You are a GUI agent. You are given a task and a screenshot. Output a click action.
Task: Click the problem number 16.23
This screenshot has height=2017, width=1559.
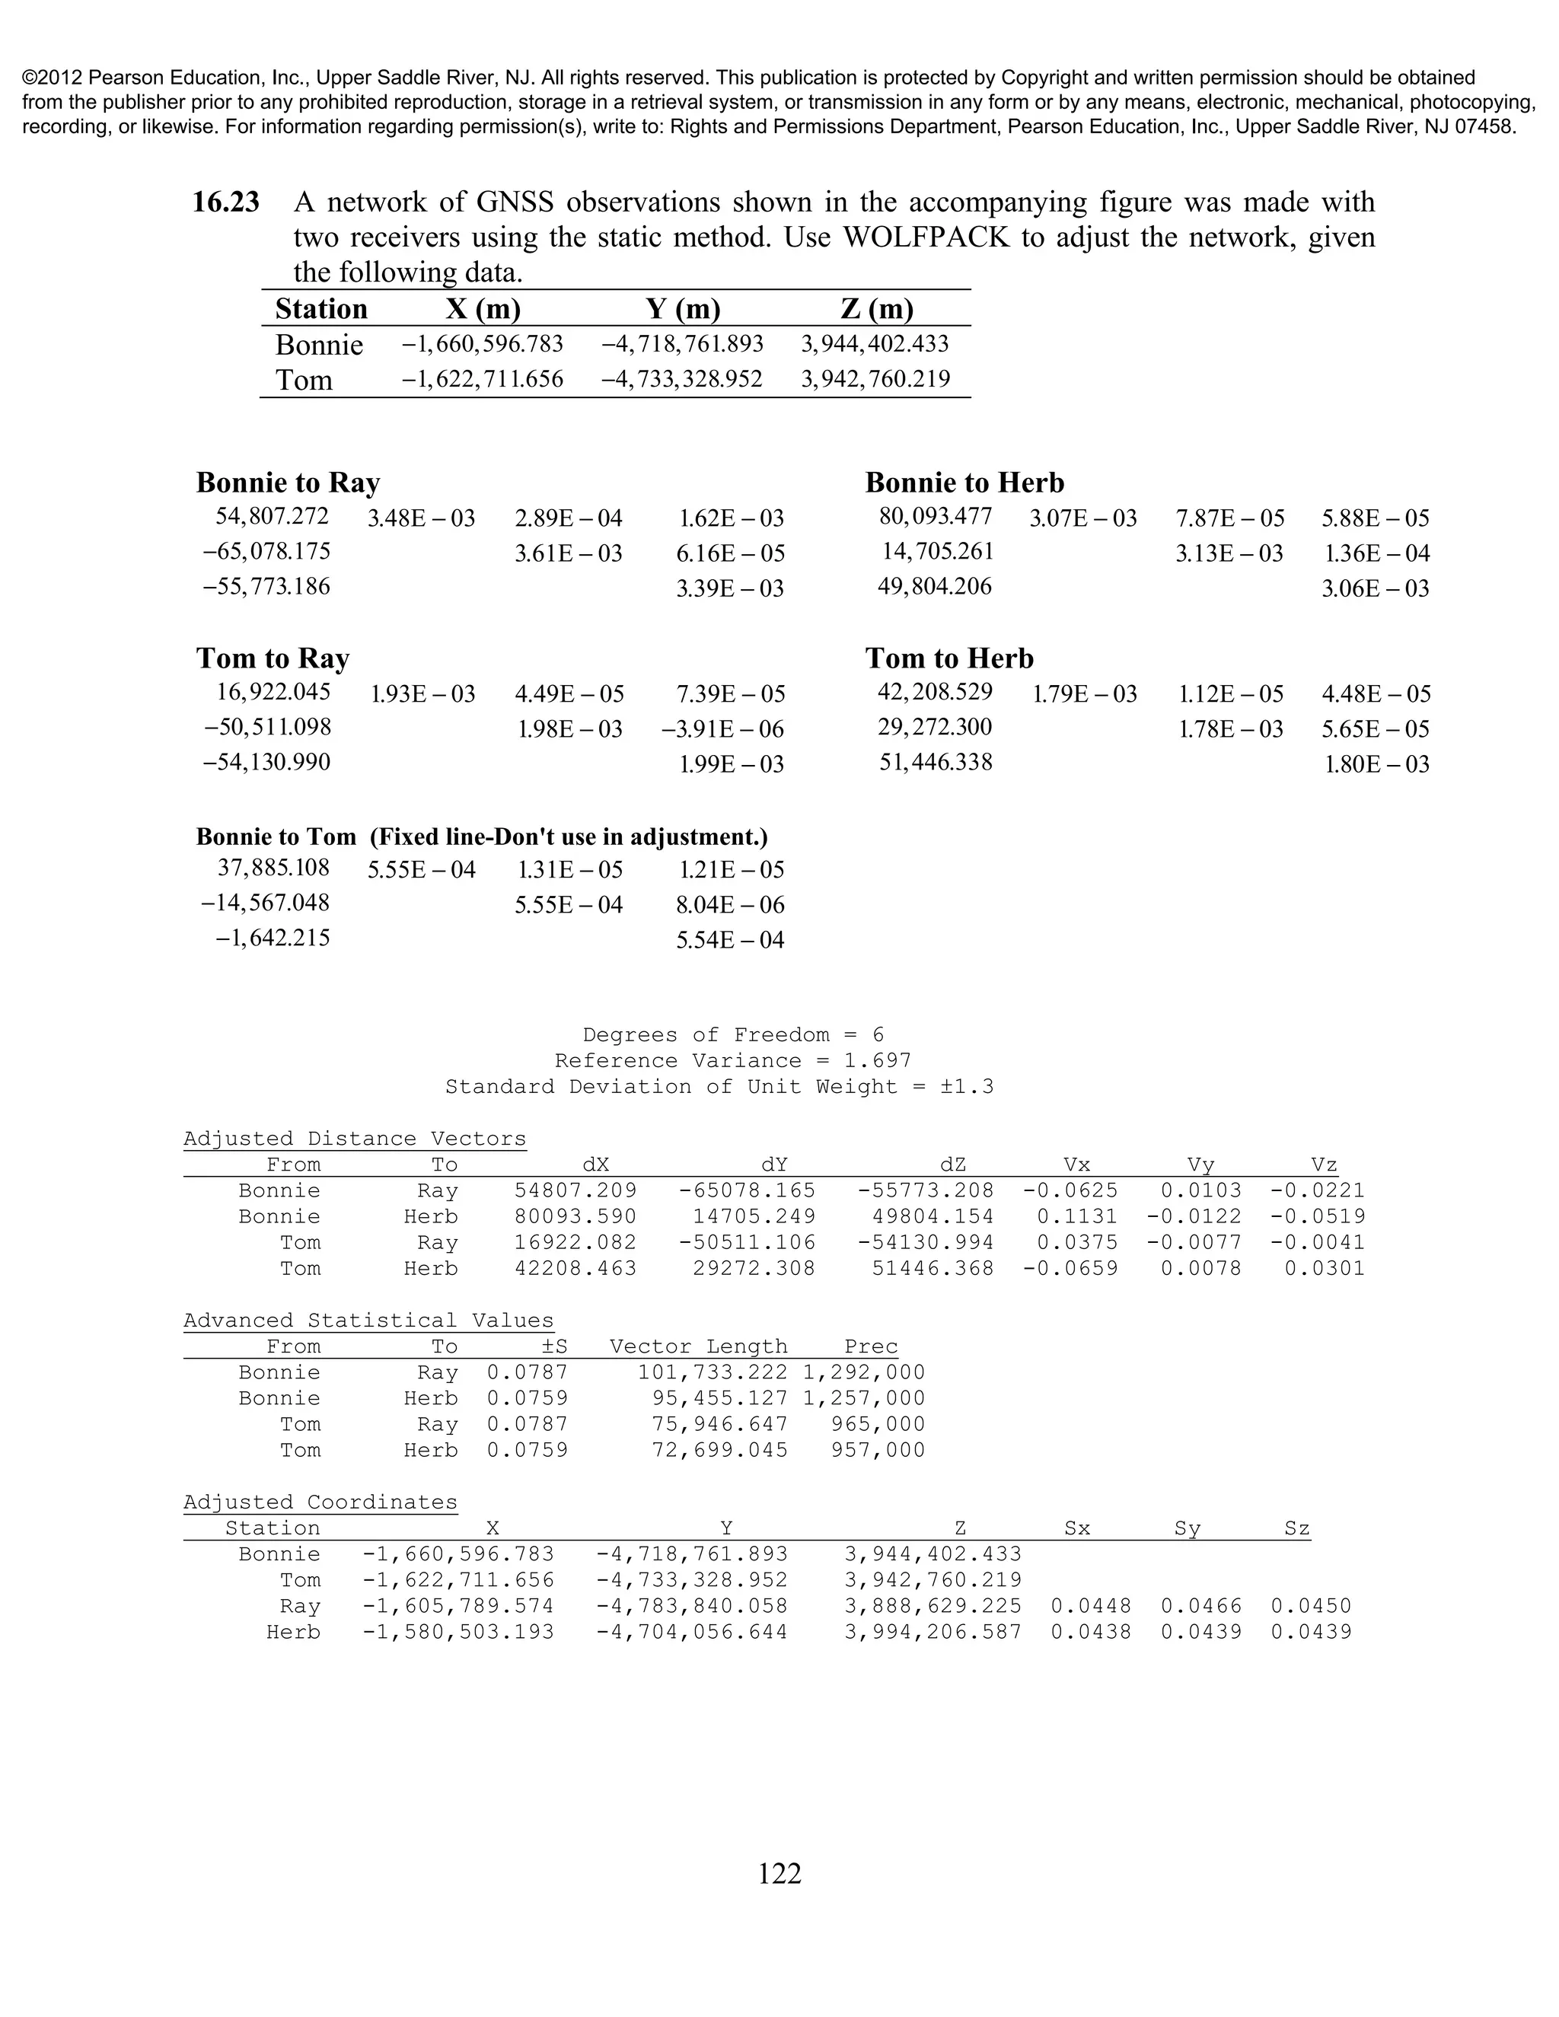(x=225, y=202)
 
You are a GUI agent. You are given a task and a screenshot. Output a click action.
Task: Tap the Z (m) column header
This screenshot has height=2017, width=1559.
(x=871, y=308)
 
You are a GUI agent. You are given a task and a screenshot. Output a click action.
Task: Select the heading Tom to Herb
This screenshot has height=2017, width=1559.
(x=949, y=658)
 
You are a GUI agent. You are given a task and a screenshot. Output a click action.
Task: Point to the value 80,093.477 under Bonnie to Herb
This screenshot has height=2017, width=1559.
(x=936, y=515)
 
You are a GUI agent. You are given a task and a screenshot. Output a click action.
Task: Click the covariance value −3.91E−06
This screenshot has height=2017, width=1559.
(x=722, y=730)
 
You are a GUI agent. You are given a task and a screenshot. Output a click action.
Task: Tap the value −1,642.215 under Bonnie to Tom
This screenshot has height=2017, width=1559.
(x=273, y=938)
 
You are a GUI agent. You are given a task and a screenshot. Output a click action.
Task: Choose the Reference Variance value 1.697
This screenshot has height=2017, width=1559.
(x=878, y=1060)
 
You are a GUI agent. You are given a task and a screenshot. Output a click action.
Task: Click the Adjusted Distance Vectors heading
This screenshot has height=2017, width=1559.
(x=355, y=1139)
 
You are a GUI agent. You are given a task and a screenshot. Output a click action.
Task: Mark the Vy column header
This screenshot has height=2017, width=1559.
(x=1200, y=1165)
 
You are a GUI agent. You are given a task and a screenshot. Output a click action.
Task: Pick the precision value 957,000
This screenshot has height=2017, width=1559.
(x=878, y=1450)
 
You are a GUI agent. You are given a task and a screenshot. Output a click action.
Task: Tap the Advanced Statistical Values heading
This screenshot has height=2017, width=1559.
(x=368, y=1321)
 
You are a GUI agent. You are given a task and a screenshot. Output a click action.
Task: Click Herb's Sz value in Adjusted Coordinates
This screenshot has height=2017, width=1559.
(x=1311, y=1632)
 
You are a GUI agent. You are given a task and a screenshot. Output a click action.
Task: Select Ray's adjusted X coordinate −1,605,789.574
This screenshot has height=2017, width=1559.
(x=458, y=1606)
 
